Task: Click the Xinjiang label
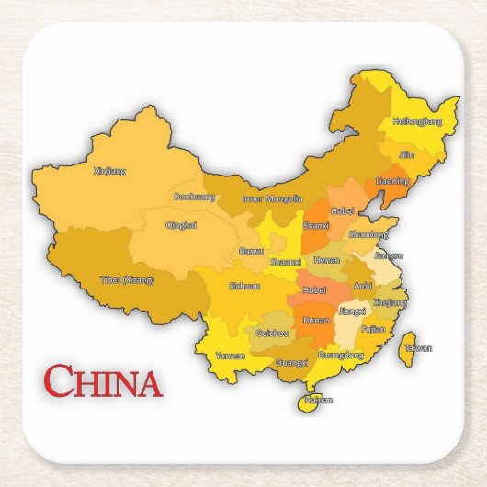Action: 110,170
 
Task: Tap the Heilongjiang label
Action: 417,120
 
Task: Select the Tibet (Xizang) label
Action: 127,279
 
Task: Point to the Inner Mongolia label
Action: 272,198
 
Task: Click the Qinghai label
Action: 181,224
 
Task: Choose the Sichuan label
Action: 244,286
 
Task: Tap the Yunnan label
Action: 230,355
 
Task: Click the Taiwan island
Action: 412,345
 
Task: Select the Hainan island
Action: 316,400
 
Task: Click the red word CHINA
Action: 103,381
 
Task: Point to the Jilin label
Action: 407,154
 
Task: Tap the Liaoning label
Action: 392,181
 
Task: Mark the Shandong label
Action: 368,234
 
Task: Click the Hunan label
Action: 316,320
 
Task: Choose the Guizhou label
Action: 272,333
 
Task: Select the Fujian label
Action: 373,328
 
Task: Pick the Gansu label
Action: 250,250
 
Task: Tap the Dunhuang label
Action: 194,197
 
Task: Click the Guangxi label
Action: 292,363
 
